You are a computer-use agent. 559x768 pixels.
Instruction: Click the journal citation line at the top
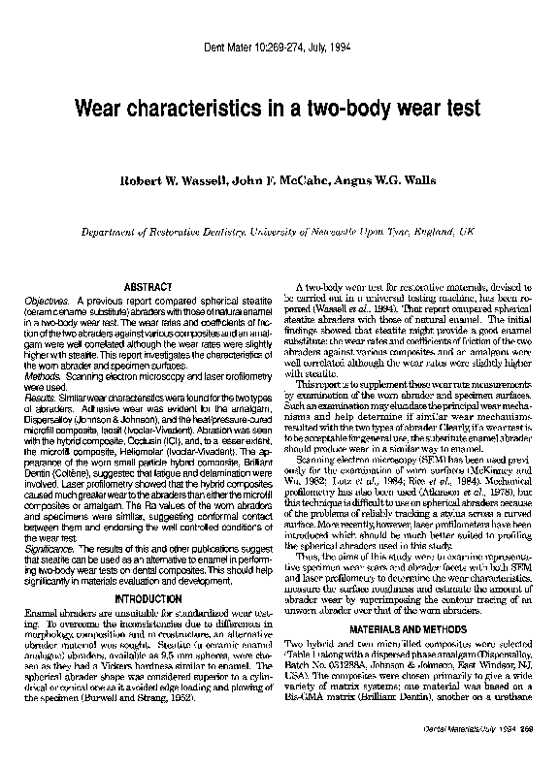[279, 47]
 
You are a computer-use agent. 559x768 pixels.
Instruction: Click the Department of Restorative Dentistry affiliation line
[279, 233]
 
